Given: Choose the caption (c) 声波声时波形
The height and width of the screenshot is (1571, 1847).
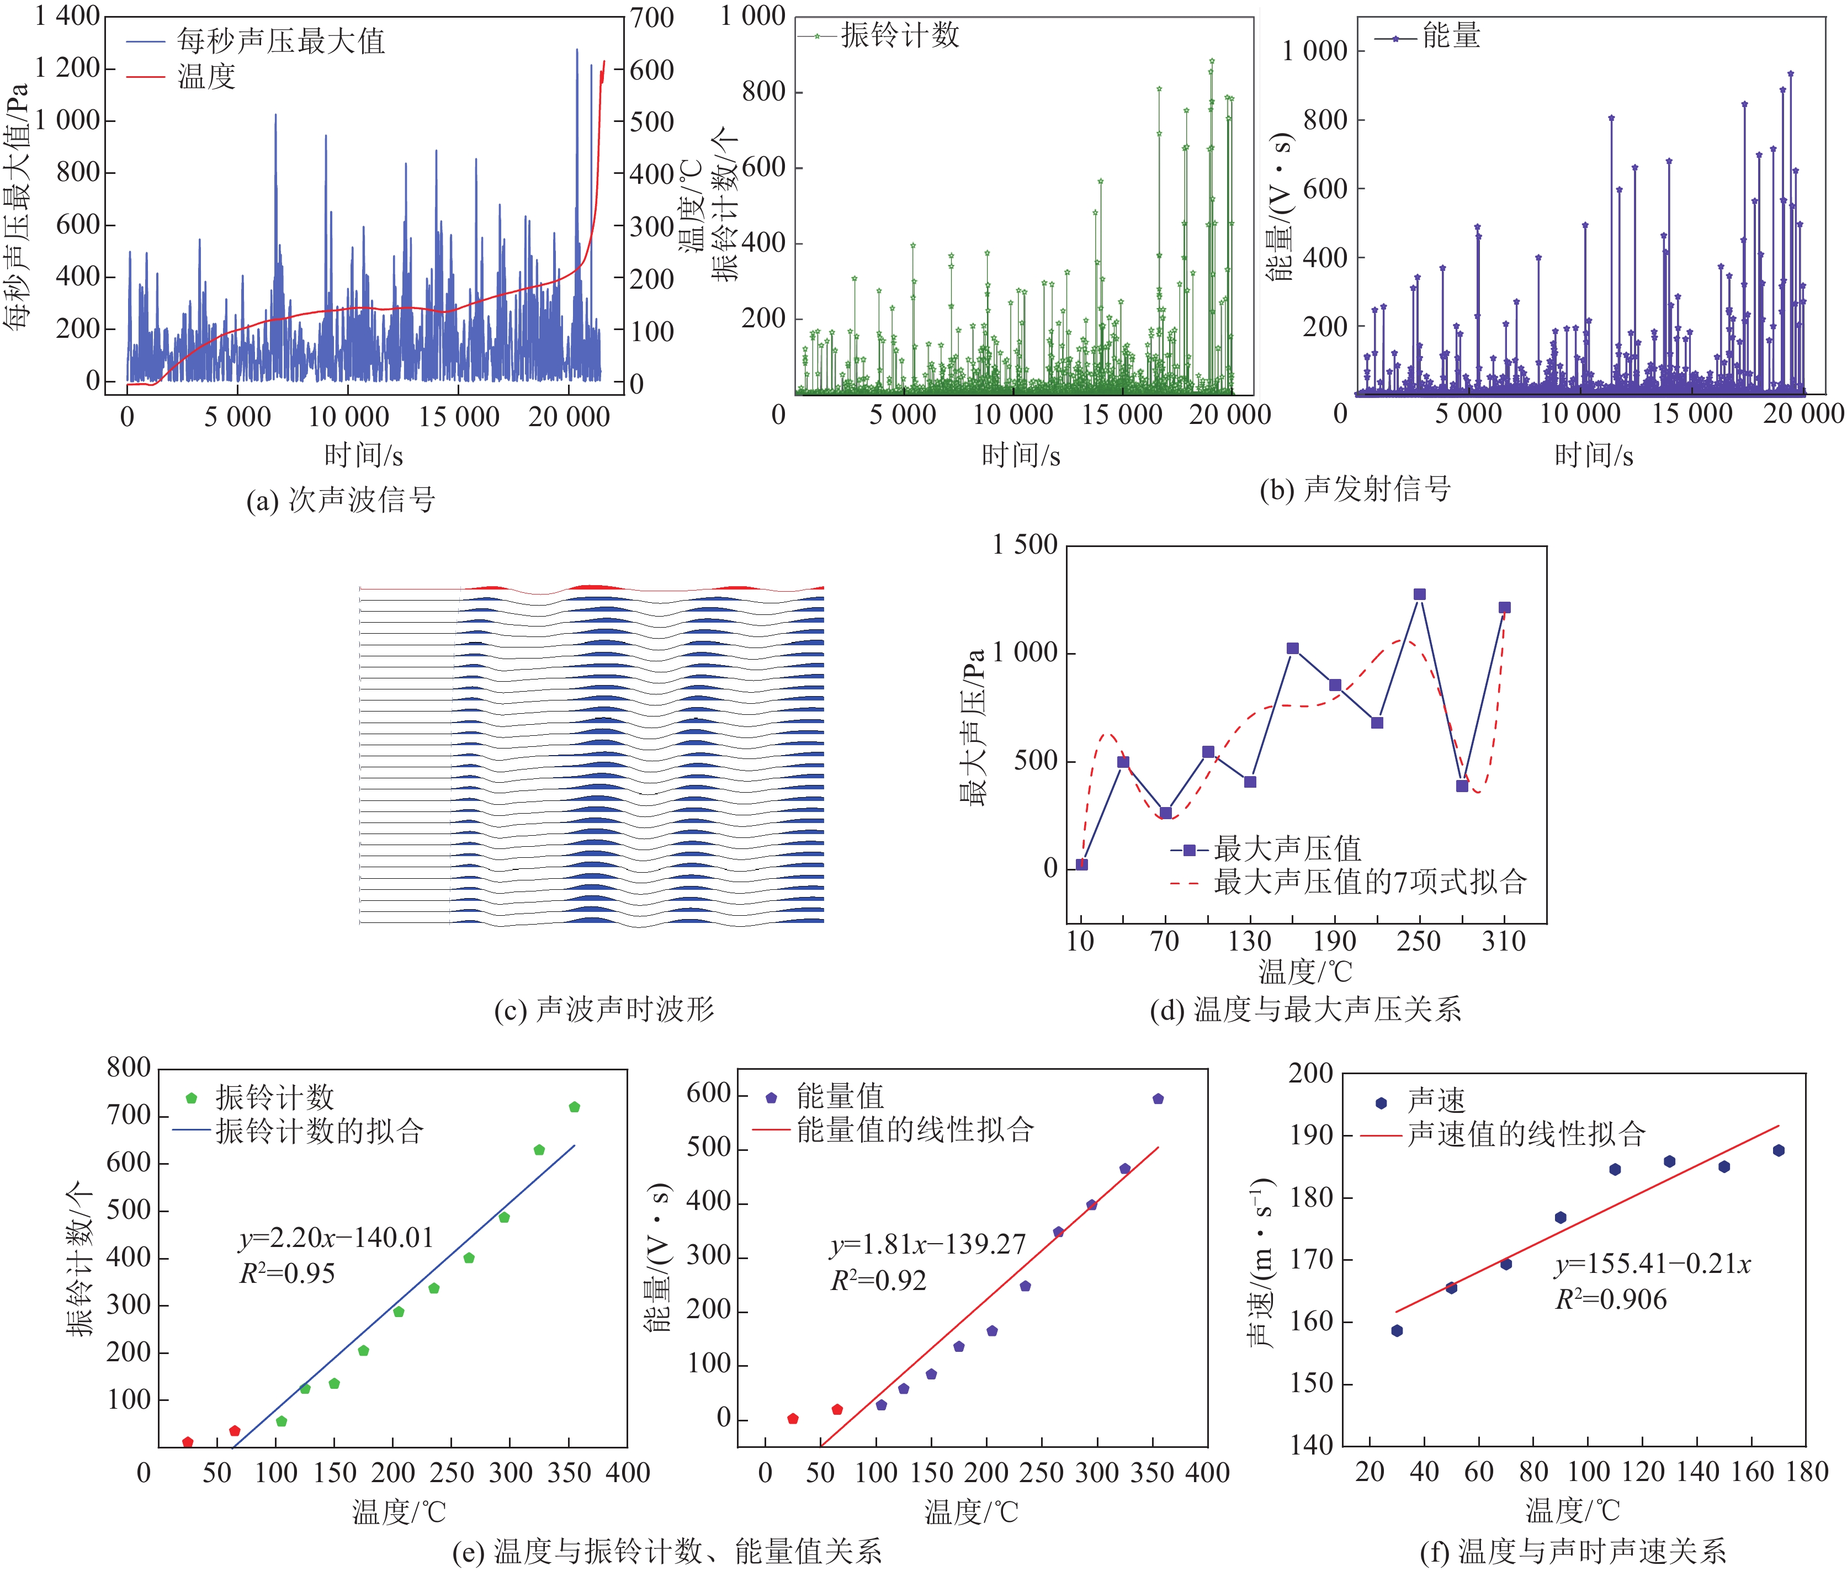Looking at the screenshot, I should point(604,1009).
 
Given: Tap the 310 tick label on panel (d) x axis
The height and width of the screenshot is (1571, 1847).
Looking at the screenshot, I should point(1503,941).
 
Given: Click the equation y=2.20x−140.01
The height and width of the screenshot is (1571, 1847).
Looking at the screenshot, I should point(336,1238).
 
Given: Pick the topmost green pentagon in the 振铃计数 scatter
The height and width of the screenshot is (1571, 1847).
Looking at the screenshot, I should point(575,1107).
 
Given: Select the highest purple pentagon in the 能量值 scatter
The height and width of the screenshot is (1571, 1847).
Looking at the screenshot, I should point(1158,1099).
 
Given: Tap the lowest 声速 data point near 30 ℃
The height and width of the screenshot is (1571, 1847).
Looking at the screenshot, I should point(1397,1330).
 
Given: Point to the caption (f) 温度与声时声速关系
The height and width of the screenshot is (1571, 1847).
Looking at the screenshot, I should point(1573,1552).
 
